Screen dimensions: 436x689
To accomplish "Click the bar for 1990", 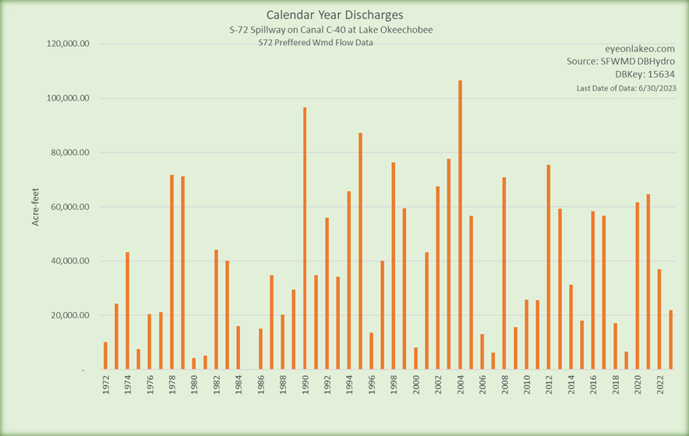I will (x=305, y=238).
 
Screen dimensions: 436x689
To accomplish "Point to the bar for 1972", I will (x=105, y=356).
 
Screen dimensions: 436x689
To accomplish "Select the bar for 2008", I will (x=504, y=273).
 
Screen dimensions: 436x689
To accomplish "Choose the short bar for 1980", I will (x=194, y=363).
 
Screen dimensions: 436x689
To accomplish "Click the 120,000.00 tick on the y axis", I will (x=69, y=44).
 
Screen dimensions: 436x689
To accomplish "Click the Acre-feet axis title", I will (x=35, y=207).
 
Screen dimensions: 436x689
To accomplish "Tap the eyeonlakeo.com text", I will (x=640, y=48).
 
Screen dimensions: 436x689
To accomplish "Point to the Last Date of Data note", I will (x=626, y=89).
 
